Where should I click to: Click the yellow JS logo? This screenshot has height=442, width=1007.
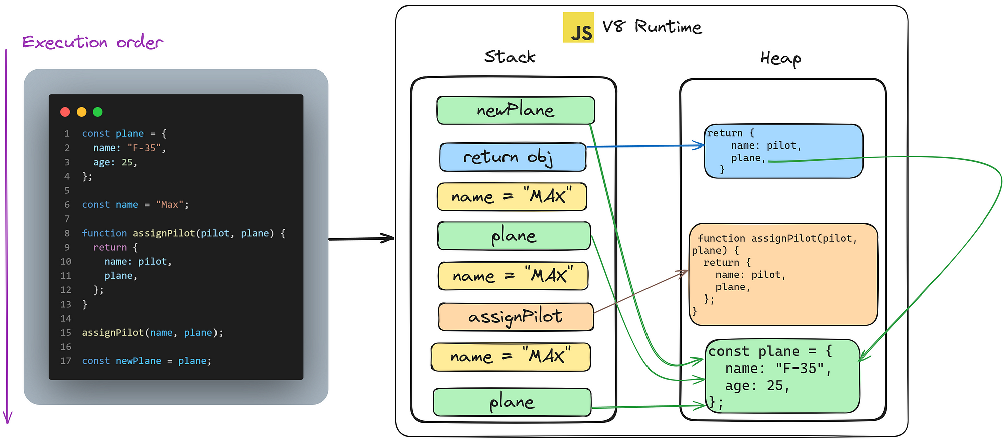coord(579,27)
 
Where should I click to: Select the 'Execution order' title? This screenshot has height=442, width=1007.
coord(93,42)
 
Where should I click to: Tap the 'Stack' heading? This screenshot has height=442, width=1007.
coord(510,57)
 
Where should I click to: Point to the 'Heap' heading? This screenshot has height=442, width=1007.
coord(780,59)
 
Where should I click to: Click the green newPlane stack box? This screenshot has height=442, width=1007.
coord(516,110)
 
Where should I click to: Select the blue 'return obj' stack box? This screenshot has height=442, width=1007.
coord(513,157)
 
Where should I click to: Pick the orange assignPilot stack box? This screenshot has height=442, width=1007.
coord(516,317)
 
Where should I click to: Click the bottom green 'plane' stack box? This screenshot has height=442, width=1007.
coord(512,402)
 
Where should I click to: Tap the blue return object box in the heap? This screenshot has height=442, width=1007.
coord(783,151)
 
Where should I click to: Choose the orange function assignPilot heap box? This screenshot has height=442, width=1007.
coord(783,274)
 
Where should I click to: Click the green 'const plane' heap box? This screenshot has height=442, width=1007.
coord(782,376)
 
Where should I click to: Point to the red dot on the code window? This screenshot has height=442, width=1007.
coord(65,112)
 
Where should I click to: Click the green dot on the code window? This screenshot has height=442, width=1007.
coord(98,112)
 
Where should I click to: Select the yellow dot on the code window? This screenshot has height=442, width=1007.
coord(81,112)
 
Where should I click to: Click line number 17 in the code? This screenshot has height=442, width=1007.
coord(66,361)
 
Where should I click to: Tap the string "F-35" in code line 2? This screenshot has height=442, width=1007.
coord(144,148)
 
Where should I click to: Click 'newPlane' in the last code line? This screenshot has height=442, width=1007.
coord(138,361)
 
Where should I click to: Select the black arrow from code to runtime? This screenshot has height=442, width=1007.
coord(361,238)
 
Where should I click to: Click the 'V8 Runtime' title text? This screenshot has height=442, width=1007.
coord(652,26)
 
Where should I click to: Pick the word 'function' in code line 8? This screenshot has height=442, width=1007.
coord(104,233)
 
